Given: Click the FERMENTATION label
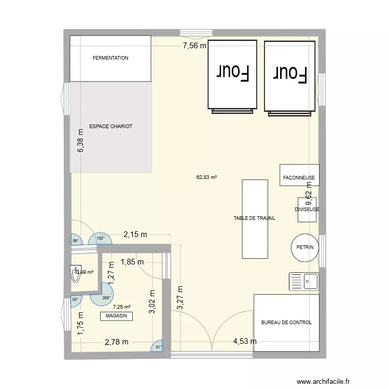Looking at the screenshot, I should click(110, 58).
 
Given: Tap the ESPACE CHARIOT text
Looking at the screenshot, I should click(110, 126).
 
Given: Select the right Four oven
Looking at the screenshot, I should click(290, 75).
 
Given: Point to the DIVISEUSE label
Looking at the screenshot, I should click(307, 210).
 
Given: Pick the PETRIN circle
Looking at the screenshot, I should click(305, 247).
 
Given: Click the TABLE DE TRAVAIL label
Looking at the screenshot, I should click(254, 219).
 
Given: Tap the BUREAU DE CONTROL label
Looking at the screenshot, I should click(286, 322).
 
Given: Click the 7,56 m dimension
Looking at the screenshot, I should click(194, 46).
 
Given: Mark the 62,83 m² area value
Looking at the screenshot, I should click(206, 177).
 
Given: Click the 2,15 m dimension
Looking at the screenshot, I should click(135, 234).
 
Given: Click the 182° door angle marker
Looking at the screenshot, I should click(101, 239).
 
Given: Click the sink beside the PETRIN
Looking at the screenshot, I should click(304, 281).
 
